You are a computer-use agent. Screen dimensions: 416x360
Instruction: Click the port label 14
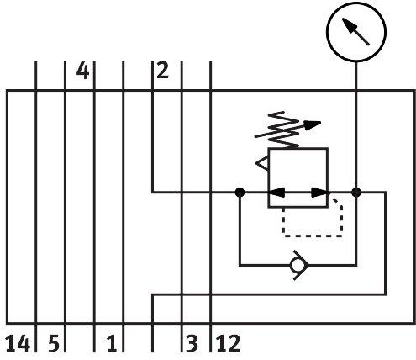[x=18, y=343]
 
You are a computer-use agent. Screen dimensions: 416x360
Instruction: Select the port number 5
[x=54, y=343]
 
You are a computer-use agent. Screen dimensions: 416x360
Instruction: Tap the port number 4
[x=83, y=71]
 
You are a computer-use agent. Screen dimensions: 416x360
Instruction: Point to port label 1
[x=112, y=343]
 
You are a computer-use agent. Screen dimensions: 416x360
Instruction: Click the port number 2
[x=163, y=70]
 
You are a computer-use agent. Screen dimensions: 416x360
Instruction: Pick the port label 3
[x=192, y=343]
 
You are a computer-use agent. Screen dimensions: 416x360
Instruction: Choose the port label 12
[x=229, y=343]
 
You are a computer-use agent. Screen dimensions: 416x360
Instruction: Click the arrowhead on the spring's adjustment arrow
[x=313, y=125]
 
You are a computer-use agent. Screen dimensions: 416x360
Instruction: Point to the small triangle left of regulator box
[x=262, y=164]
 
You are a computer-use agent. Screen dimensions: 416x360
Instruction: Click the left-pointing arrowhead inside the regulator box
[x=277, y=193]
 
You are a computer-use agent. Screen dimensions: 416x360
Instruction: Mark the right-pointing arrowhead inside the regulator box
[x=319, y=193]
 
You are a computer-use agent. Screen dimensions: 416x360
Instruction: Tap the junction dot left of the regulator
[x=240, y=193]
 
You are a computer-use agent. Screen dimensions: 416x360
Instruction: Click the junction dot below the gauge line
[x=356, y=193]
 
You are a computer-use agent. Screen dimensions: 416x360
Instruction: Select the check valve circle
[x=296, y=265]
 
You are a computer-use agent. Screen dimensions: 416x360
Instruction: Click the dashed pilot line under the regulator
[x=313, y=236]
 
